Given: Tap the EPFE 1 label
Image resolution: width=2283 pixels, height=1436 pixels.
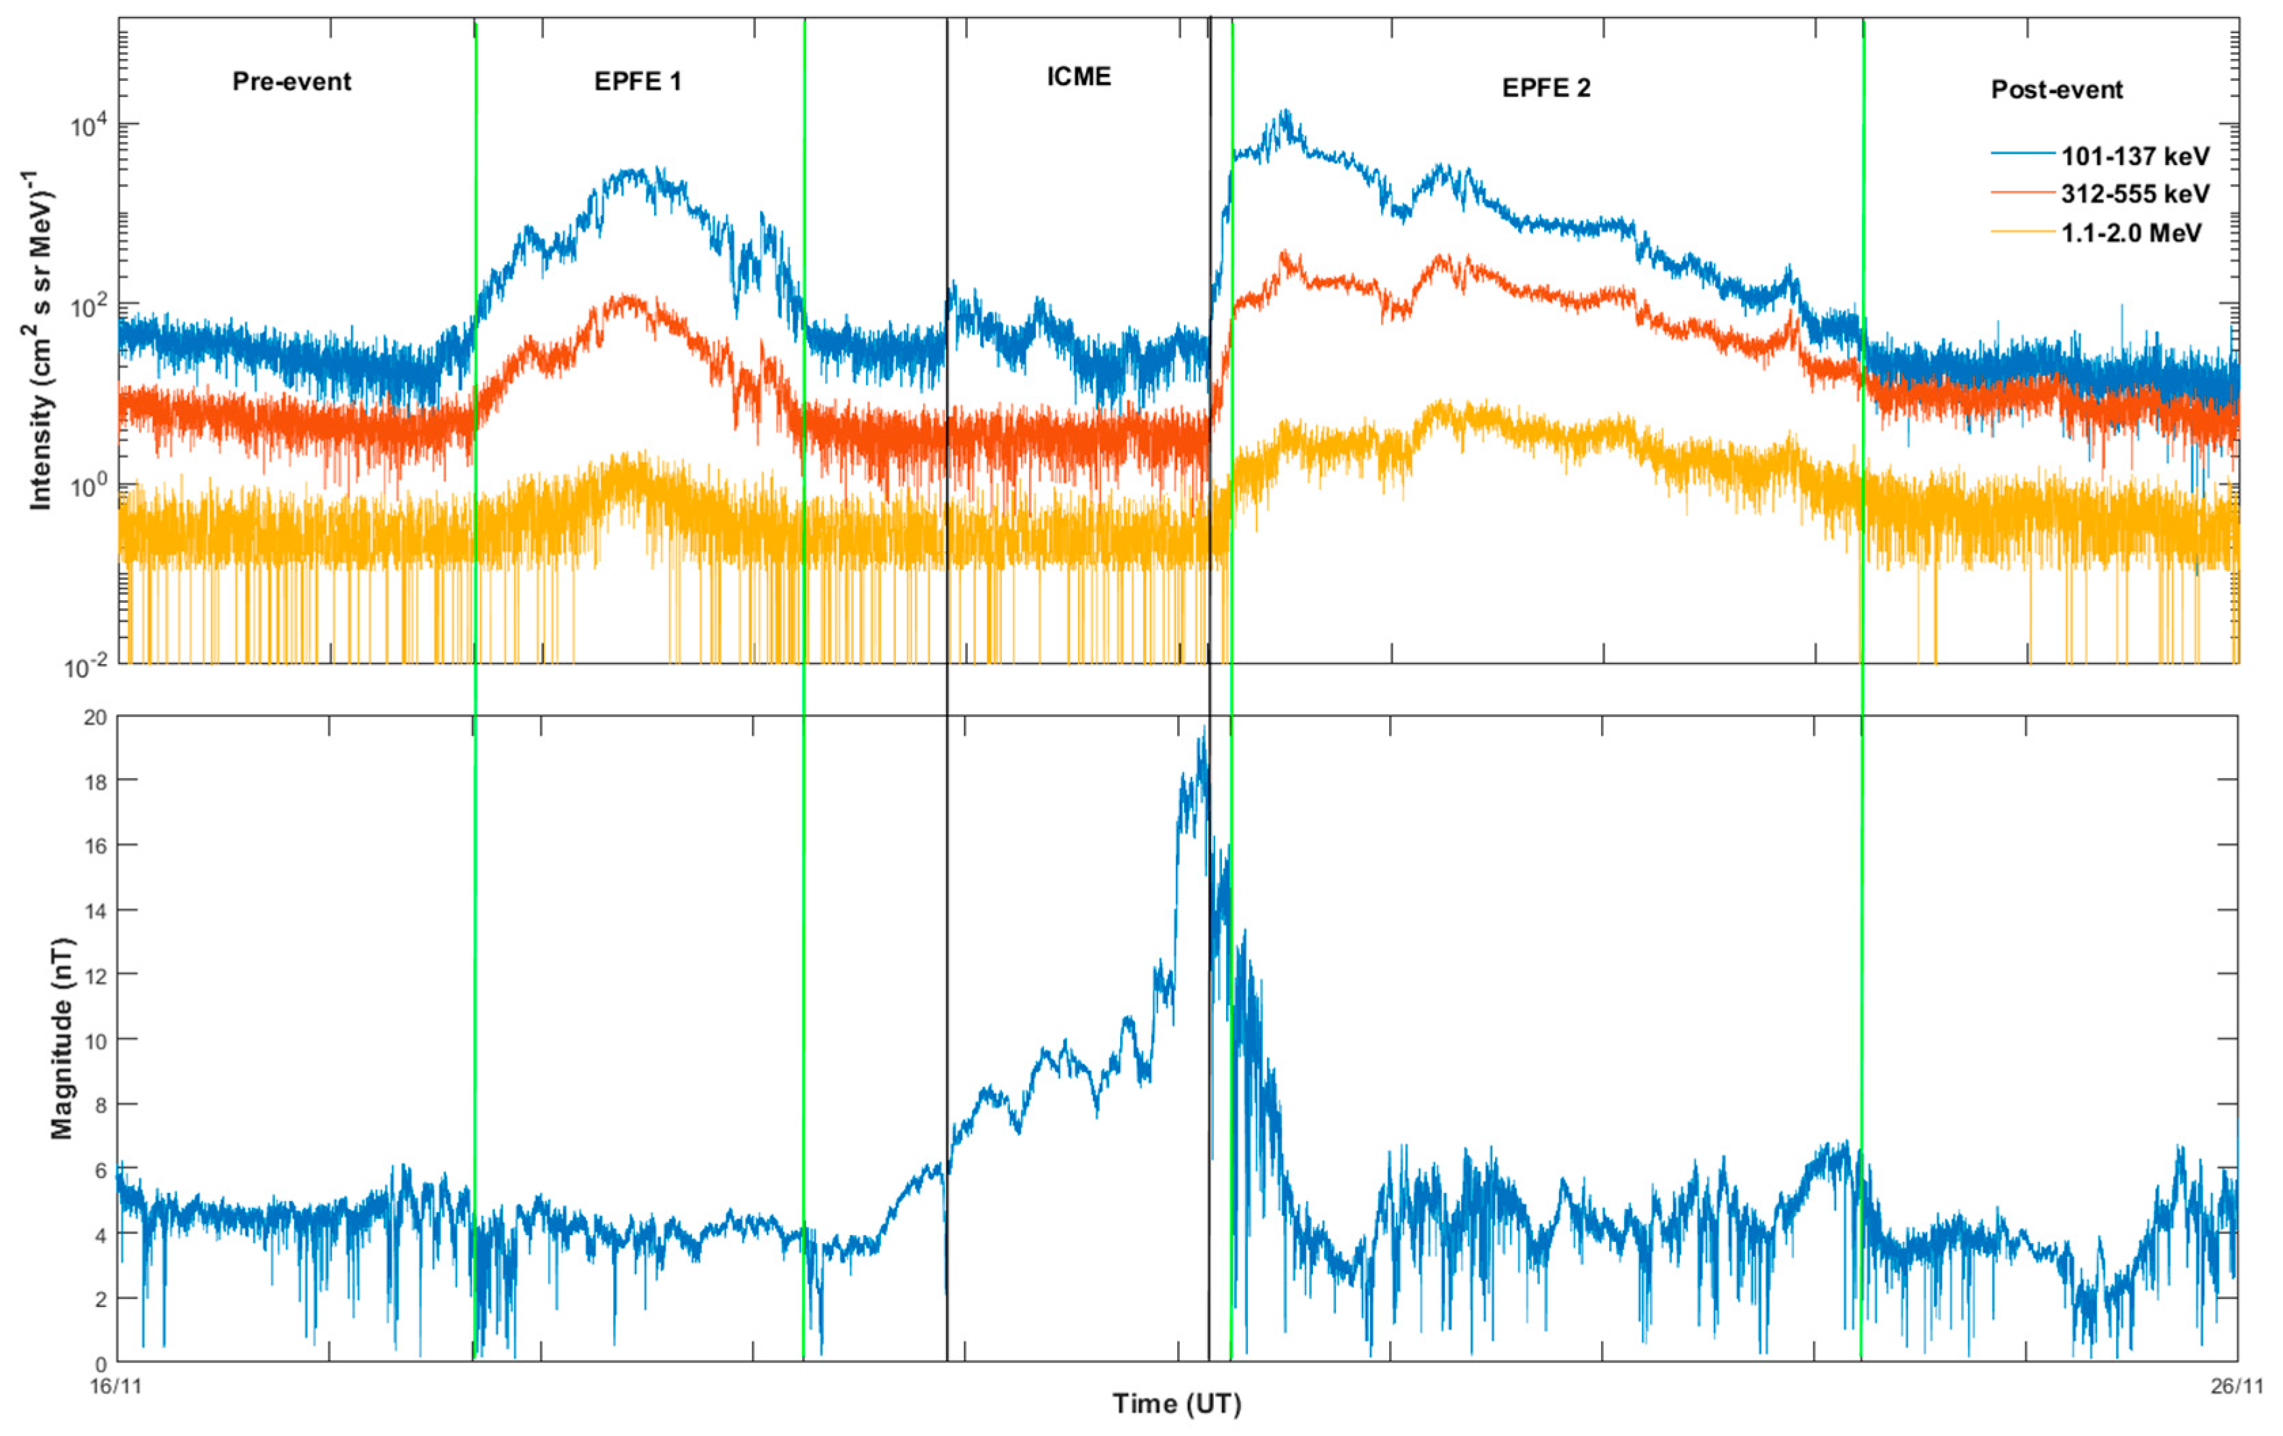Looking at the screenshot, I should coord(637,82).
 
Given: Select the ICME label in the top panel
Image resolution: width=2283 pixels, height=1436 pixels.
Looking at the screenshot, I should coord(1078,77).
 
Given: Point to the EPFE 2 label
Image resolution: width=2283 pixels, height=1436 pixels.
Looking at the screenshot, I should coord(1545,89).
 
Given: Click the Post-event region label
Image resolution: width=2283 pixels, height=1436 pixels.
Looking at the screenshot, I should coord(2056,90).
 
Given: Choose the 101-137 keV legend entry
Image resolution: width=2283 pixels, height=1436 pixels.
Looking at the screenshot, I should coord(2134,156).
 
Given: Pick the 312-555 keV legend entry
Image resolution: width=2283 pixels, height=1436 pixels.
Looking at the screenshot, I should coord(2134,194).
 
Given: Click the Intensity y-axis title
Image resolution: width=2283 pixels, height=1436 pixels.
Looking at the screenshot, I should coord(40,342).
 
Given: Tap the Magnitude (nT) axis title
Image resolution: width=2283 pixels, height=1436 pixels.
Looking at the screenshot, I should coord(62,1038).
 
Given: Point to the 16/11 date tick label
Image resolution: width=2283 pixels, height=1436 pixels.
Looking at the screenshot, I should coord(115,1386).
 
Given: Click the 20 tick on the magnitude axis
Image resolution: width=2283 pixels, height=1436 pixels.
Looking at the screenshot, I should coord(95,718).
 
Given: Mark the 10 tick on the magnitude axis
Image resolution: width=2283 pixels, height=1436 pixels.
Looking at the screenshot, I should coord(95,1039).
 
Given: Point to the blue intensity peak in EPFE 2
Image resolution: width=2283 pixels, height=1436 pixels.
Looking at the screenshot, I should coord(1286,114).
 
